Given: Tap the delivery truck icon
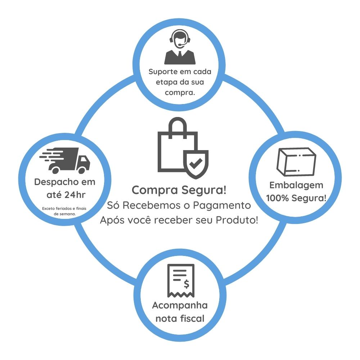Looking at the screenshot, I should click(x=65, y=160).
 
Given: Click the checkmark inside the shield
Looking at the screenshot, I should click(x=196, y=164).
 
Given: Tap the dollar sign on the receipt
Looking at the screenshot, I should click(x=186, y=284).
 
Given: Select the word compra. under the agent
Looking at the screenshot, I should click(x=180, y=93).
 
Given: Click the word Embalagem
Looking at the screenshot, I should click(x=296, y=185).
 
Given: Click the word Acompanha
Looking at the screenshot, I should click(x=180, y=306).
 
